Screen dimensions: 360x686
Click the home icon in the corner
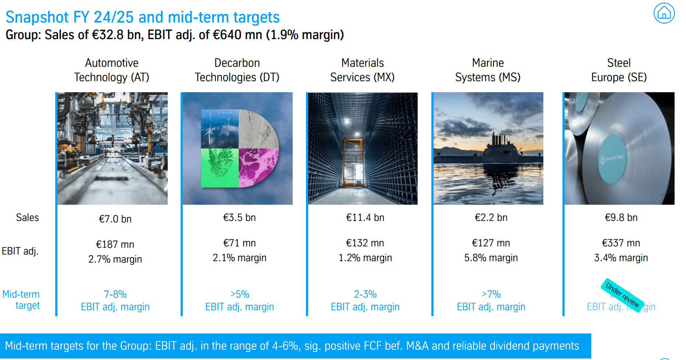[664, 13]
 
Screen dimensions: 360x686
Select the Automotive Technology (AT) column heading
[112, 70]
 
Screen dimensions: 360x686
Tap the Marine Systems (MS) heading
[488, 70]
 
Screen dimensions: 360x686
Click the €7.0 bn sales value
[115, 219]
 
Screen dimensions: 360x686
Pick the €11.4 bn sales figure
[365, 218]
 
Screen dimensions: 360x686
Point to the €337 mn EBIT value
[621, 243]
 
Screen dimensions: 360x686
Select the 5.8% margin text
[491, 258]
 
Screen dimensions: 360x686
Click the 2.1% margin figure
[239, 258]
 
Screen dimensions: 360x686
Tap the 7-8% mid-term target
[115, 294]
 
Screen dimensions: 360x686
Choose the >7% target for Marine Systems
[491, 294]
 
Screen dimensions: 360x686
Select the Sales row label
[27, 218]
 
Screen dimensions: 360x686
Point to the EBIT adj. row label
[20, 251]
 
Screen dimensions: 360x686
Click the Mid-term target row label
[21, 300]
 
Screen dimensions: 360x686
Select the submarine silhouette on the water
[498, 151]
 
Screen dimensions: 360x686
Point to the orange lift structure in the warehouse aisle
[353, 162]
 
